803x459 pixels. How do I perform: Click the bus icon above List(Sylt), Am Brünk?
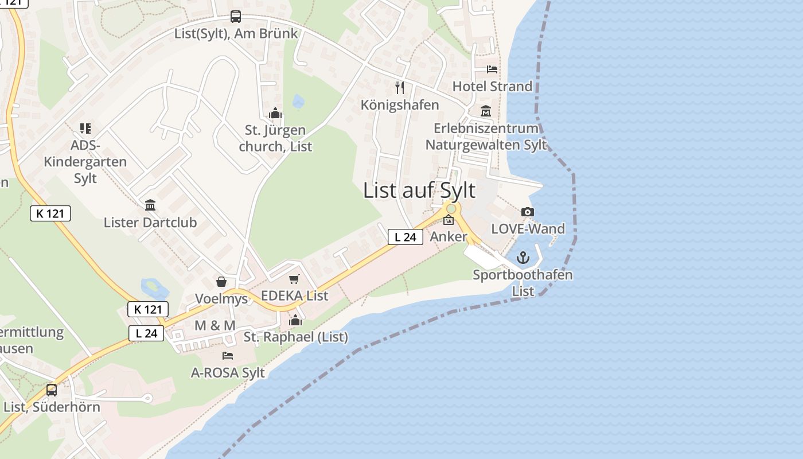tap(236, 17)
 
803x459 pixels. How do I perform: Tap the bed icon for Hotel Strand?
tap(492, 69)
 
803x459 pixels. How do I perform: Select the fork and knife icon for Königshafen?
tap(400, 88)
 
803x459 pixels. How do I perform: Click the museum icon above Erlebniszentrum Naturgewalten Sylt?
tap(486, 111)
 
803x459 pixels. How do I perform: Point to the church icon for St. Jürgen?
tap(275, 113)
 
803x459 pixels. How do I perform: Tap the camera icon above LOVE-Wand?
tap(528, 212)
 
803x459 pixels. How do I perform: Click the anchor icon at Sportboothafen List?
tap(523, 258)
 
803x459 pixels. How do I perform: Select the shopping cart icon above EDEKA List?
tap(294, 279)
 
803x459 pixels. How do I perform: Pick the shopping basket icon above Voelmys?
tap(221, 282)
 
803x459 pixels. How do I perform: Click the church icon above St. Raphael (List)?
tap(295, 320)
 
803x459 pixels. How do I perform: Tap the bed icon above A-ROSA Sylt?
tap(228, 356)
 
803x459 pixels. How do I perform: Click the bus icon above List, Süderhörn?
tap(52, 390)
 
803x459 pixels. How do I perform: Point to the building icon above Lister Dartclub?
tap(150, 205)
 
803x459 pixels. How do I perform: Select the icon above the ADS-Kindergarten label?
tap(85, 129)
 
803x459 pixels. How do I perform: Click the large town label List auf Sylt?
tap(419, 190)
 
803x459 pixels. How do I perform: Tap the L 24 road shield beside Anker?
tap(406, 236)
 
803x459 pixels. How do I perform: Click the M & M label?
tap(215, 325)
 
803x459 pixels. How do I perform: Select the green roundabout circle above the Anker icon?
tap(451, 209)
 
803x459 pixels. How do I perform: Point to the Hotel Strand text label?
tap(492, 87)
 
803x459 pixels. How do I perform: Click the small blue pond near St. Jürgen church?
tap(298, 102)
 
